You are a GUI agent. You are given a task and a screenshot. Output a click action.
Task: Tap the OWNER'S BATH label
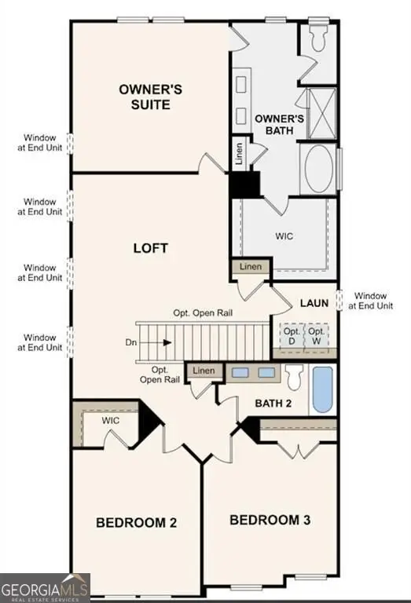pos(274,124)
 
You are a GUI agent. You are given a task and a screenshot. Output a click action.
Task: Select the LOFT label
pos(152,248)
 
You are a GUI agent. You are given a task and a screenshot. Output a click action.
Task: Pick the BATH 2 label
pos(274,403)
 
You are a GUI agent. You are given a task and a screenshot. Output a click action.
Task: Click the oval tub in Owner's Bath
pos(320,169)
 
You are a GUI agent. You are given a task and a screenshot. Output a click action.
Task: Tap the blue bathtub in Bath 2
pos(323,389)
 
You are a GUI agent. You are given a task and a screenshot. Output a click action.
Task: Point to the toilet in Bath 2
pos(295,378)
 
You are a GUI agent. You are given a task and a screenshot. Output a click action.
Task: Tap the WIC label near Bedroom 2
pos(111,421)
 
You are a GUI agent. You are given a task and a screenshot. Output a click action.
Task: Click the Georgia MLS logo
pos(46,588)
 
